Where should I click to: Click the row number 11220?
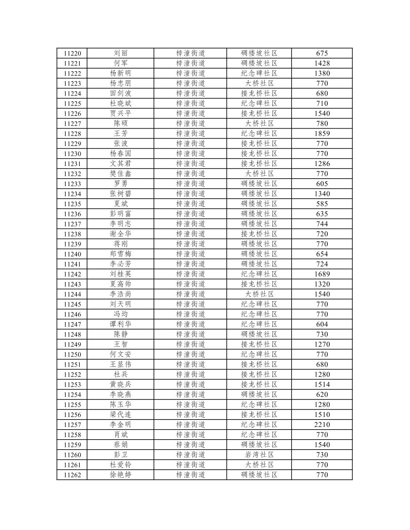pos(72,53)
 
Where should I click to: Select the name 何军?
pos(121,63)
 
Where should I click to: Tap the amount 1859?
pos(322,133)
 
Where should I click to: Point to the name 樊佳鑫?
pos(121,173)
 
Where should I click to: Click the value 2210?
pos(322,425)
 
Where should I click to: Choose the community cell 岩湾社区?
pos(259,455)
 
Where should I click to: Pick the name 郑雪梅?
pos(121,254)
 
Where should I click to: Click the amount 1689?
pos(322,274)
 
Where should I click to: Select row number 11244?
pos(72,294)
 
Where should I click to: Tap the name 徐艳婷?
pos(121,475)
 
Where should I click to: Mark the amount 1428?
pos(322,63)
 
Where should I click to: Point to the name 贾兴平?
pos(121,113)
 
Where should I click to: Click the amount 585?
pos(322,204)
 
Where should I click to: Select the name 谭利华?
pos(121,324)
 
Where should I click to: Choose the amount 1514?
pos(322,384)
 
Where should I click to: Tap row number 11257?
pos(72,425)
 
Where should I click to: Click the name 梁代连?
pos(121,415)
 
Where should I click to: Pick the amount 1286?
pos(322,163)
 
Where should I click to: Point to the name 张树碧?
pos(121,194)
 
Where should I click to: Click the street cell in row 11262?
pos(190,475)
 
